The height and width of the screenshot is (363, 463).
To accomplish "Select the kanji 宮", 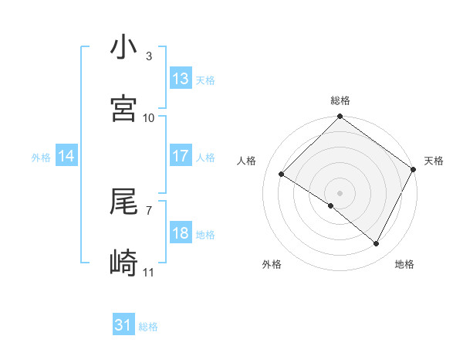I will [x=124, y=108].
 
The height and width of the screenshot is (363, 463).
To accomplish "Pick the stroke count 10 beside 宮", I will [x=149, y=117].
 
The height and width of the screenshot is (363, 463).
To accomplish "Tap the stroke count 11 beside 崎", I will [x=149, y=272].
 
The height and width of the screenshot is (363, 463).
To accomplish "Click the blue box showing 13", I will [x=181, y=79].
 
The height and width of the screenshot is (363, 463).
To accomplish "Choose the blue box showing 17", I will [x=181, y=156].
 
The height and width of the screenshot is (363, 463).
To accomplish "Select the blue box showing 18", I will [x=181, y=233].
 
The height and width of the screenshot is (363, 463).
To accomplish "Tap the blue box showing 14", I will [x=66, y=156].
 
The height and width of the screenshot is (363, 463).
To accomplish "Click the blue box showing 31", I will [x=123, y=326].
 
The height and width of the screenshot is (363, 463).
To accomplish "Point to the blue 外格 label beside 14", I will [x=41, y=158].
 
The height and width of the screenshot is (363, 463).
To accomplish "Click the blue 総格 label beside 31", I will [x=148, y=327].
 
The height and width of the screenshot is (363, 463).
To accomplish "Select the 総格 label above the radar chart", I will [x=340, y=100].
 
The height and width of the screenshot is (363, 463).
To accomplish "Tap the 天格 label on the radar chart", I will [x=434, y=161].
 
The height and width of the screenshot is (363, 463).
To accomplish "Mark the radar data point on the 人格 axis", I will [x=282, y=174].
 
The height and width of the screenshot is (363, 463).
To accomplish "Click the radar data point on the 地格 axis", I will [x=377, y=244].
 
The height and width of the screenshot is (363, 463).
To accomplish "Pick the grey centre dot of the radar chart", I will [x=340, y=192].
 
